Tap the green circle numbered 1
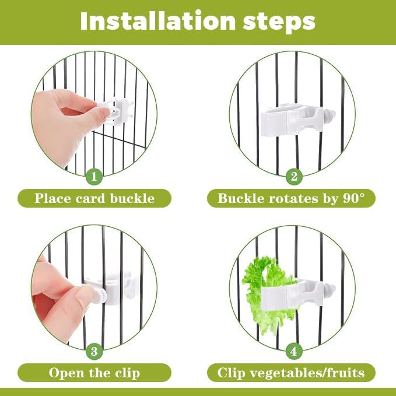pyautogui.click(x=94, y=176)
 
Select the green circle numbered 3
pyautogui.click(x=94, y=351)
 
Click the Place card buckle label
pyautogui.click(x=94, y=198)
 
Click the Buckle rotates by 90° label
pyautogui.click(x=291, y=198)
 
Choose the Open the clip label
pyautogui.click(x=94, y=373)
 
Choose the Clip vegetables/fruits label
pyautogui.click(x=291, y=373)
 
